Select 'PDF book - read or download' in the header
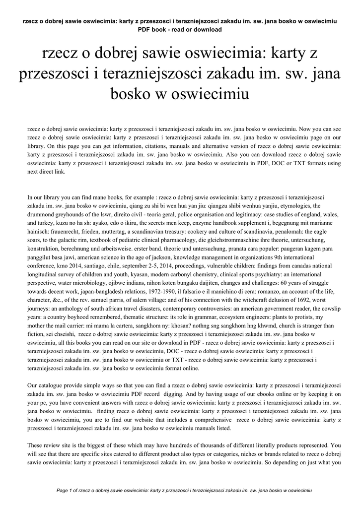pos(180,29)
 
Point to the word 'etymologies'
pos(289,205)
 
